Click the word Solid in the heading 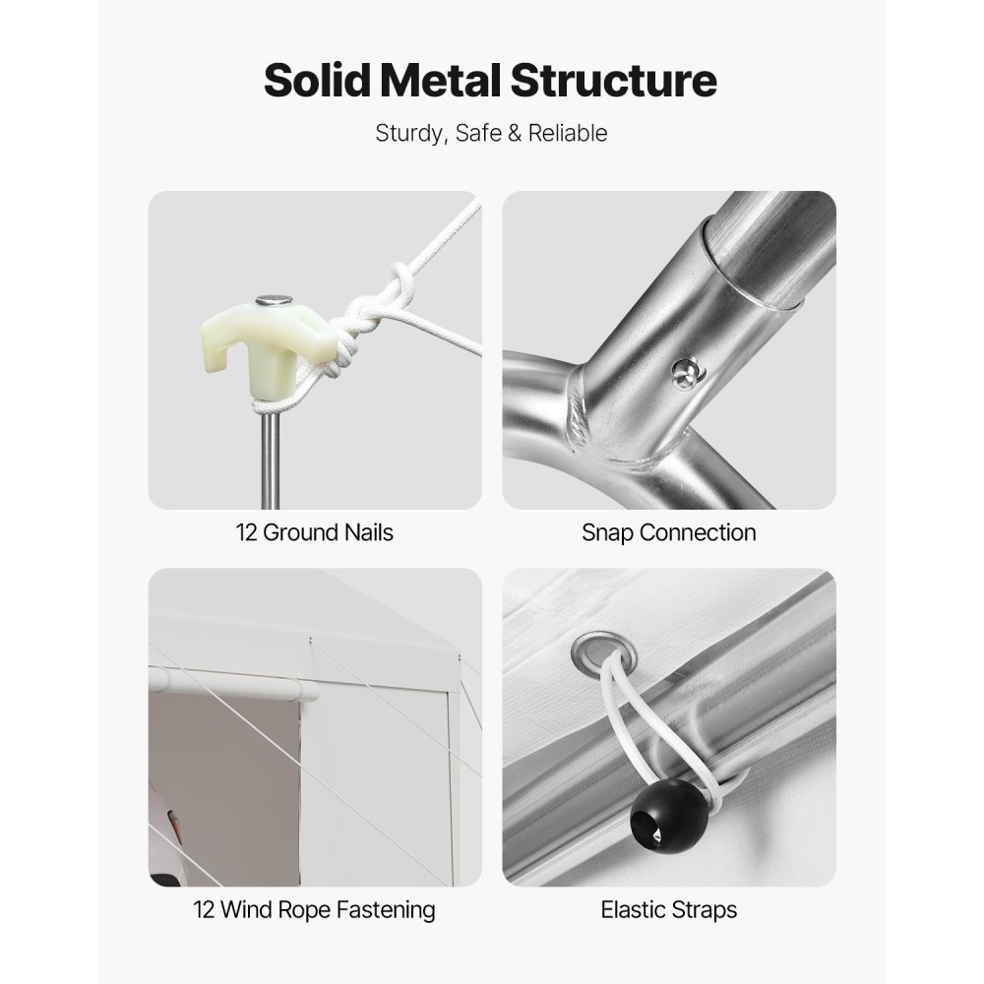318,81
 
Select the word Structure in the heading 613,81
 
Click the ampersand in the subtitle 515,133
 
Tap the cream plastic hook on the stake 266,349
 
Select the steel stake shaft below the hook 271,459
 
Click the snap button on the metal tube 687,374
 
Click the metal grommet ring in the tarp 604,654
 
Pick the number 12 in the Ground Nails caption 247,532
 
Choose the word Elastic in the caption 633,910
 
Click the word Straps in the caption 704,910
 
